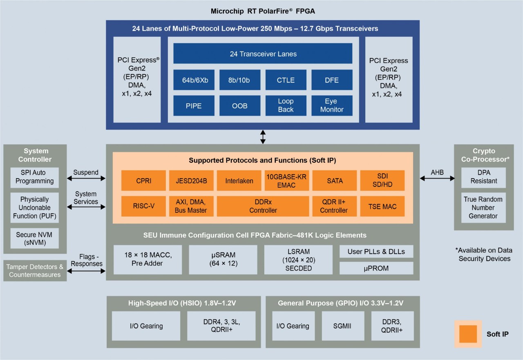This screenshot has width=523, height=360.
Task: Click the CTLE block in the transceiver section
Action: tap(286, 80)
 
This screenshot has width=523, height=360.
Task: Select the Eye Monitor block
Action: tap(332, 105)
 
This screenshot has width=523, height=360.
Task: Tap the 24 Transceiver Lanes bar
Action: tap(263, 54)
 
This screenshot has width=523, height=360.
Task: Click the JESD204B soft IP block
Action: tap(191, 181)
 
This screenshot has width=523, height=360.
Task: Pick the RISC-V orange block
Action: tap(143, 206)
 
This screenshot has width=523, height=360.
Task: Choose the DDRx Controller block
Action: tap(263, 206)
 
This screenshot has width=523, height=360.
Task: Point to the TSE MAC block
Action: tap(382, 206)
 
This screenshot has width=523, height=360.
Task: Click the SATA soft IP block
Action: tap(334, 181)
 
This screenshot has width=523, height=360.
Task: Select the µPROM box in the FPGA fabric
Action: tap(376, 268)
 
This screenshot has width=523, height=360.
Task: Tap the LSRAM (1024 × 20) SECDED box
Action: tap(299, 259)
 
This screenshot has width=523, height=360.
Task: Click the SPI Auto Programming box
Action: tap(37, 177)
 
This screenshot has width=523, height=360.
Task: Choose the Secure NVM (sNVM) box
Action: tap(37, 239)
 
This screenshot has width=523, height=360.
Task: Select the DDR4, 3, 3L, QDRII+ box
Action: tap(221, 326)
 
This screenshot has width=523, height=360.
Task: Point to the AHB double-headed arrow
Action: tap(437, 178)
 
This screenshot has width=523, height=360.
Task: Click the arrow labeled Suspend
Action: tap(86, 178)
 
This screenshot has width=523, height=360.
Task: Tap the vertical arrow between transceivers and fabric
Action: tap(263, 136)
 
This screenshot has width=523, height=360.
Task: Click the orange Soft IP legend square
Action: tap(468, 334)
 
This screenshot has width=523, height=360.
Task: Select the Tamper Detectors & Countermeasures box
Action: tap(34, 271)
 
